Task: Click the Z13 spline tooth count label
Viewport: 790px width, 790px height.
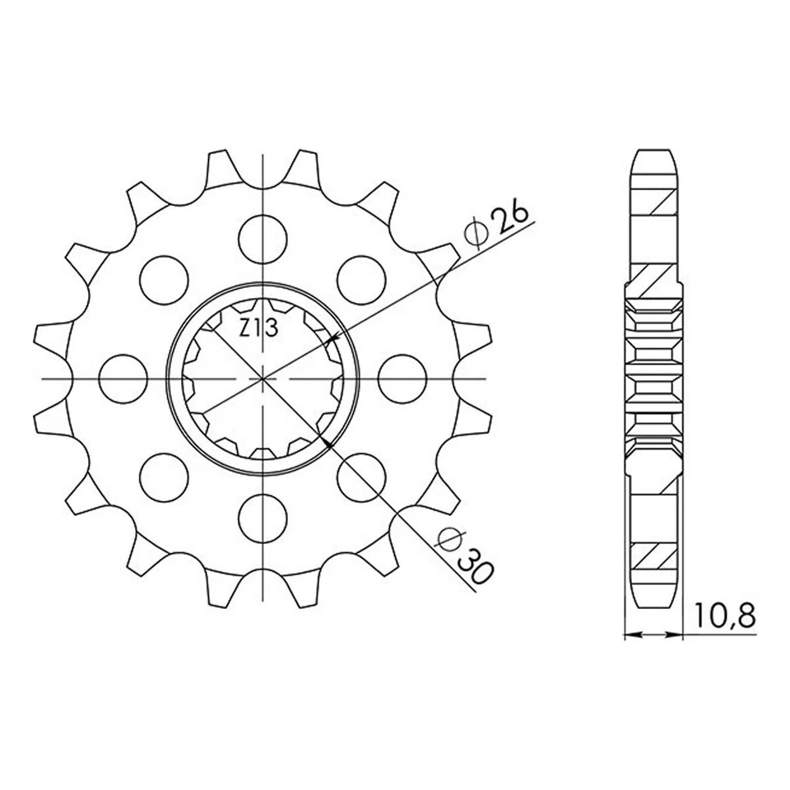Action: (258, 328)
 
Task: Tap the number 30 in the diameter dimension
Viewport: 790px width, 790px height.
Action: (473, 568)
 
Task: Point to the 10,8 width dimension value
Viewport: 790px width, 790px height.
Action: (724, 616)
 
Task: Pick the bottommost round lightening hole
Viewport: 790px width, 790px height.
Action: (263, 518)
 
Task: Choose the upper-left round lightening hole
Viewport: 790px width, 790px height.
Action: (165, 280)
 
